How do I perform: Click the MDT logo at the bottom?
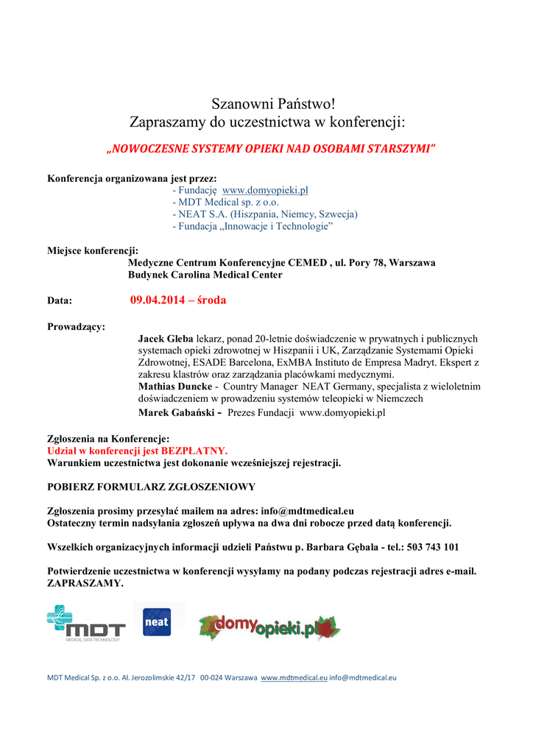click(86, 622)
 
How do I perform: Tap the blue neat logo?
click(156, 621)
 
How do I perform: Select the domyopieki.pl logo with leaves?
click(269, 627)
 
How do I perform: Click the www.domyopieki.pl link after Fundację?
click(265, 190)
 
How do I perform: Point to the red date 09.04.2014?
click(156, 300)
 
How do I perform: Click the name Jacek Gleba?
click(166, 339)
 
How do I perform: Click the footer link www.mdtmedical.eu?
click(294, 677)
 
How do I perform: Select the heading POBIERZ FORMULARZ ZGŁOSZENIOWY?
click(151, 487)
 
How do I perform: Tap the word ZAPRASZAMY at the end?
click(84, 583)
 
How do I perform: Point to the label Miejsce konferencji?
click(93, 250)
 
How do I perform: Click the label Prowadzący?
click(76, 326)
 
